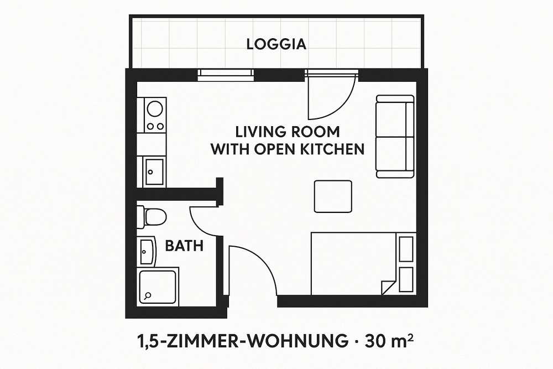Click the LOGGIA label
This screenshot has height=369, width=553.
click(x=276, y=44)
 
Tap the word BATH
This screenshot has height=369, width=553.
click(x=184, y=246)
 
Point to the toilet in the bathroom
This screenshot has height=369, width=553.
click(x=152, y=217)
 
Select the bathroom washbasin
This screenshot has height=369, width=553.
click(x=146, y=252)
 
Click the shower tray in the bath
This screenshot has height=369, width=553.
click(x=158, y=286)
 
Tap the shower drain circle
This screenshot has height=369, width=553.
click(x=148, y=295)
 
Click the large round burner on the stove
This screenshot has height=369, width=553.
click(x=155, y=108)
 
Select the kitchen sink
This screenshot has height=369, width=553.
click(x=154, y=172)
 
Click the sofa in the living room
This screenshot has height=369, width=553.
click(x=395, y=137)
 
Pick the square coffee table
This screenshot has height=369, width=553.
click(x=333, y=196)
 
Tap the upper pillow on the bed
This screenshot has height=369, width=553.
click(x=406, y=249)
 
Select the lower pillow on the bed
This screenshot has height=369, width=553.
click(x=406, y=280)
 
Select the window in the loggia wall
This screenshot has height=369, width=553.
click(x=226, y=75)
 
